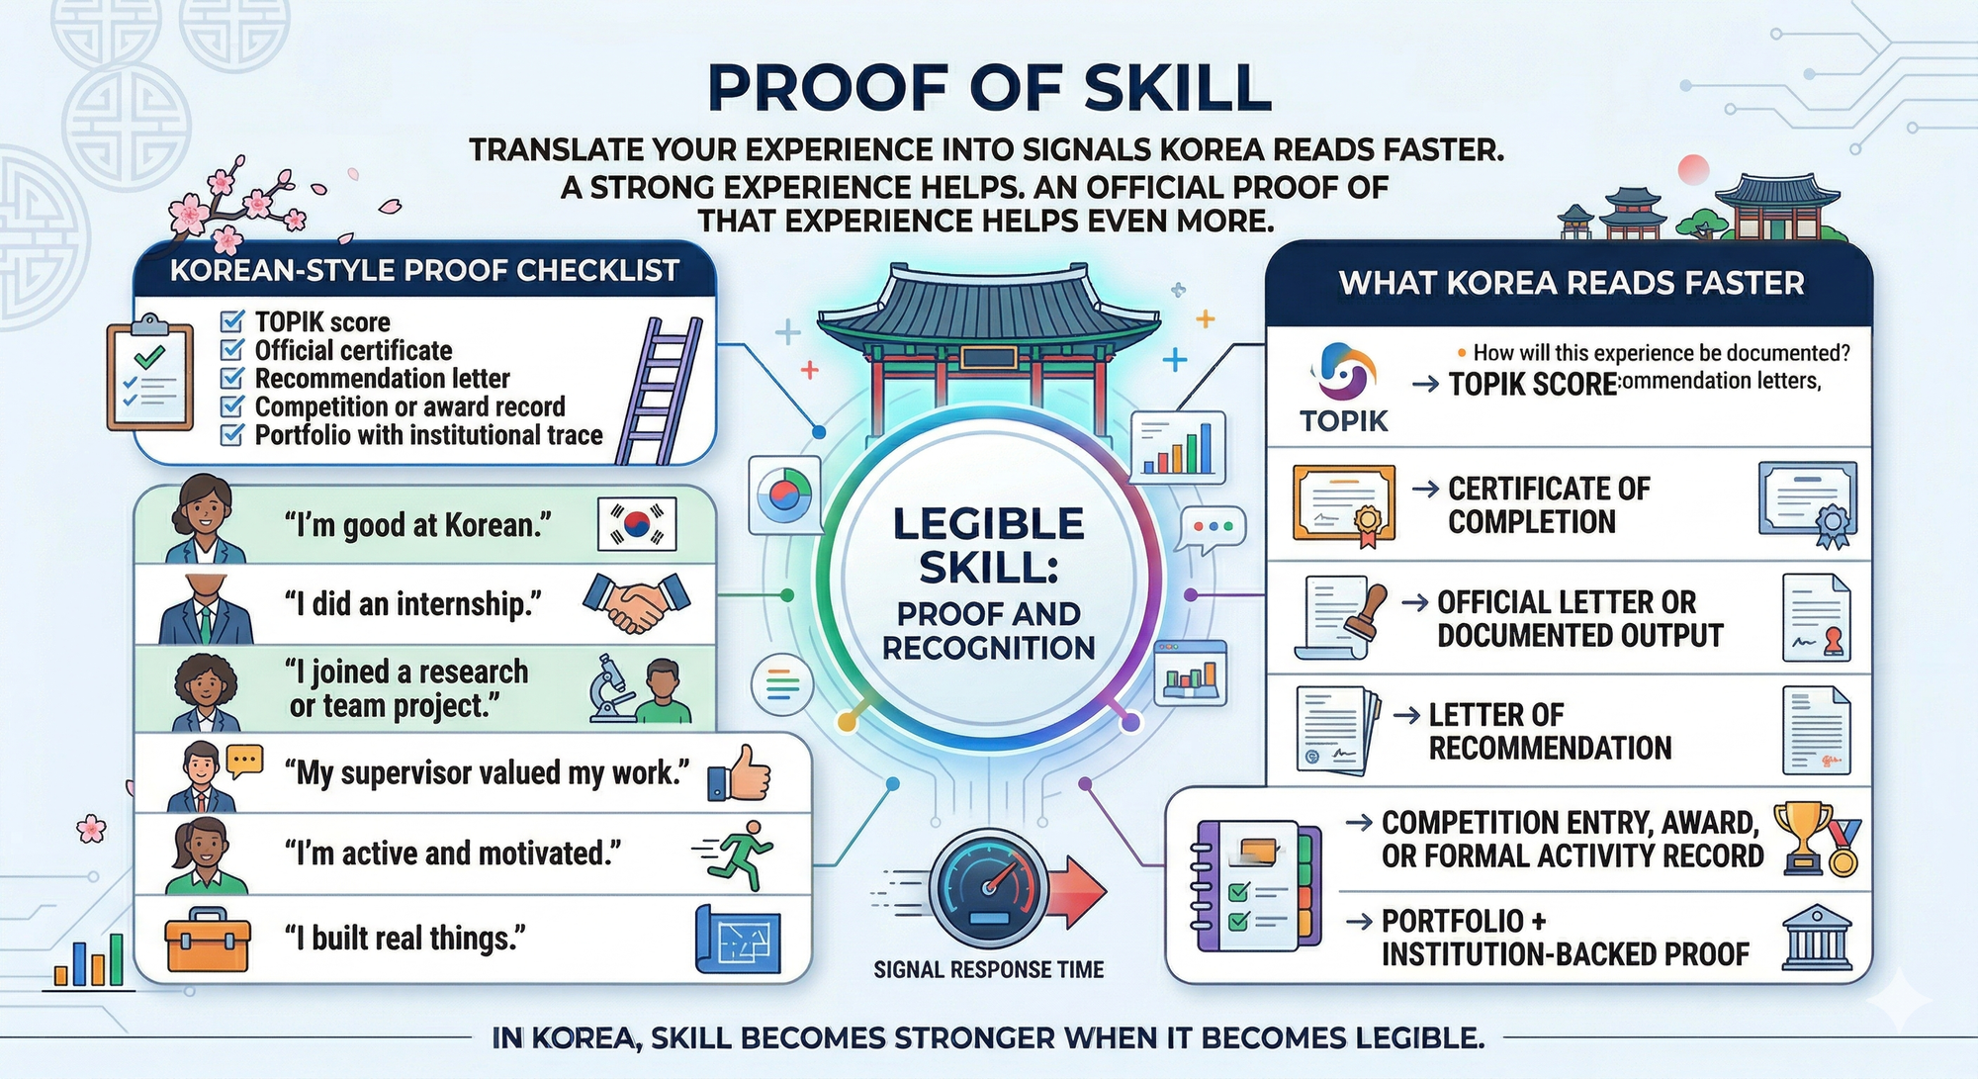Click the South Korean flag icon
point(637,523)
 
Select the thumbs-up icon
point(740,773)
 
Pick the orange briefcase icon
point(207,939)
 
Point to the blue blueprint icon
point(738,939)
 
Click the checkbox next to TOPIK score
point(232,321)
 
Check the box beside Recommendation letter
point(232,378)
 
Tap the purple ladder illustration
point(659,390)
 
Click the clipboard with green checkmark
point(150,373)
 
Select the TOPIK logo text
point(1343,421)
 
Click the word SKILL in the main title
point(1176,88)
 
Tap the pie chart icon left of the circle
point(783,495)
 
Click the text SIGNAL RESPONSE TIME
point(988,970)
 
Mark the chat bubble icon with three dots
point(1213,528)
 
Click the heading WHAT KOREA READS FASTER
point(1571,284)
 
